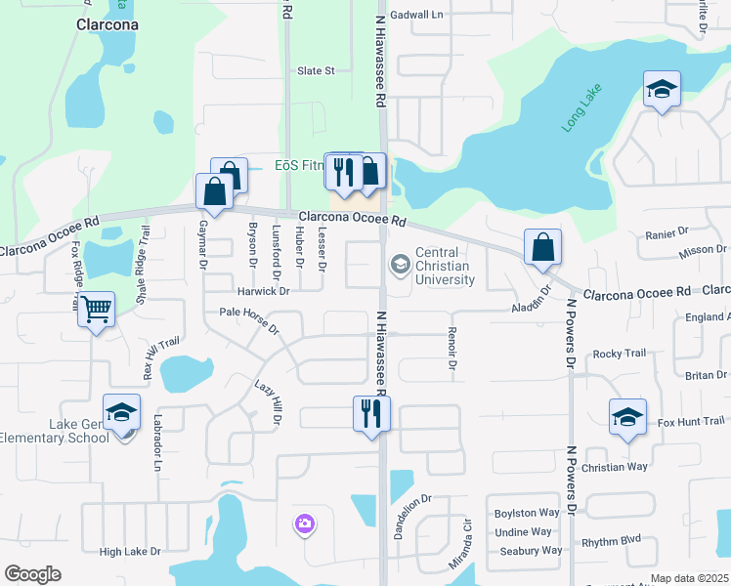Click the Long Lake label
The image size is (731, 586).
[x=582, y=109]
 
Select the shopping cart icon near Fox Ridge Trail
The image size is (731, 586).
[x=96, y=310]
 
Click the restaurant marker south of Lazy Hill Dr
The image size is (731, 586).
[x=371, y=412]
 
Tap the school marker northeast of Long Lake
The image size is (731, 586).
[x=662, y=90]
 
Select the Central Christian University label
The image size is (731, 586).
[x=443, y=266]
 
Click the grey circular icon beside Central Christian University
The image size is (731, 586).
[x=400, y=265]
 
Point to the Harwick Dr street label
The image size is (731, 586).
[x=264, y=291]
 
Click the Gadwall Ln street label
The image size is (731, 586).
[x=416, y=15]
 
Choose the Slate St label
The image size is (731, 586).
[x=316, y=70]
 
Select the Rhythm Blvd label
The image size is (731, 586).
[x=611, y=540]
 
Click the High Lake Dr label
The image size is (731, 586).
[x=129, y=552]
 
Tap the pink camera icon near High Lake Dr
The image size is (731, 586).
[x=304, y=525]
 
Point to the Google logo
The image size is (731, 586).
[x=32, y=574]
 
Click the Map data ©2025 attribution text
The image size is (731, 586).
[x=689, y=578]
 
